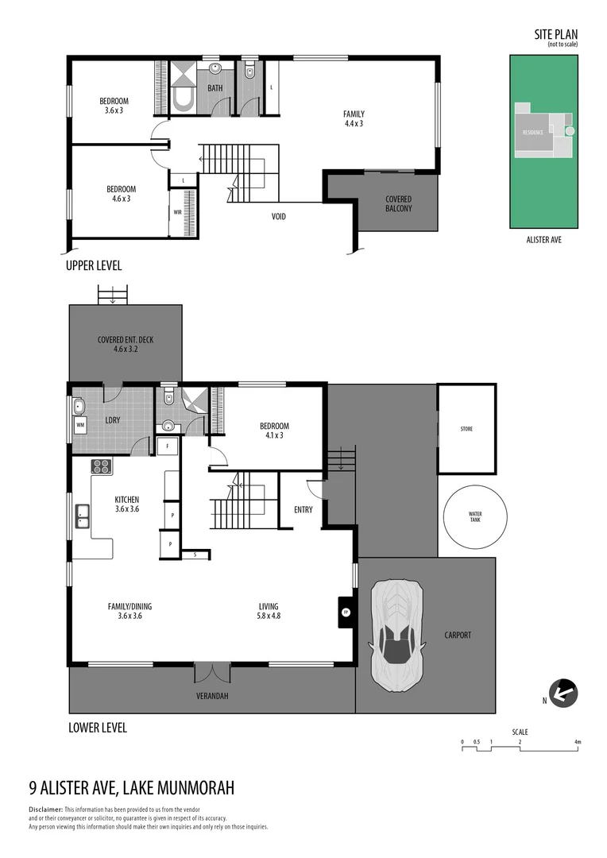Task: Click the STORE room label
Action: coord(466,429)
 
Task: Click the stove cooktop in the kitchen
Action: coord(102,466)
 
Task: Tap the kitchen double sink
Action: coord(83,516)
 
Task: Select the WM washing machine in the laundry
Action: coord(80,426)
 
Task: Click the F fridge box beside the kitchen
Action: coord(167,446)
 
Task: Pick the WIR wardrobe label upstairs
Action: coord(178,213)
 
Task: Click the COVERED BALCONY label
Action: coord(398,204)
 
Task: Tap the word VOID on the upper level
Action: coord(278,216)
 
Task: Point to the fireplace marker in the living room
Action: coord(346,613)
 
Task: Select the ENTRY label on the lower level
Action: coord(303,510)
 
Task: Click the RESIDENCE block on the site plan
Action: coord(533,132)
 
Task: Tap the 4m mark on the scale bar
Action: coord(578,742)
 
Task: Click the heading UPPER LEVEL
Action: coord(94,266)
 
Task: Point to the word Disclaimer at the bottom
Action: coord(45,809)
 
